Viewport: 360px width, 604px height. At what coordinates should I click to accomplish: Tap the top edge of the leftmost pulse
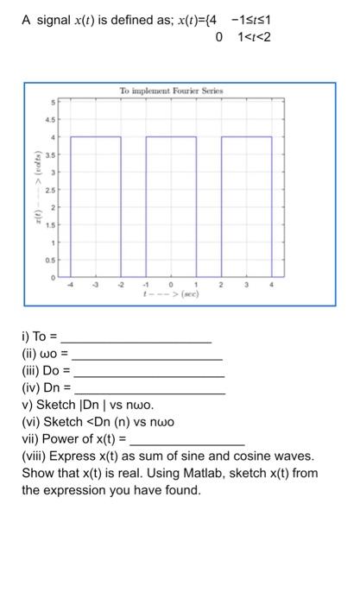(x=96, y=136)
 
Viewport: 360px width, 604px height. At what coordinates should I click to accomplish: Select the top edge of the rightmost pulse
(x=247, y=136)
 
